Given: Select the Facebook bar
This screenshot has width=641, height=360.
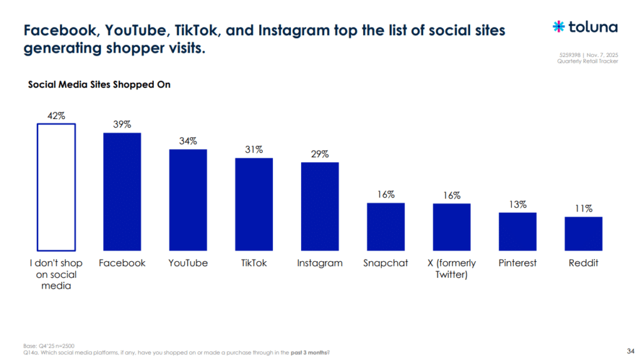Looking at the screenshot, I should pos(122,192).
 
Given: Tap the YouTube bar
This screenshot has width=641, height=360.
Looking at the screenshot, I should pos(188,200).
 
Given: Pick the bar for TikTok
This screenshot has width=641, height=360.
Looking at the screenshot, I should pos(254,204).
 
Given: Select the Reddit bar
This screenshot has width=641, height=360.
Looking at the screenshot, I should pos(583,234).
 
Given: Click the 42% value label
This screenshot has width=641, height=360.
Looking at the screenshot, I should pos(56,116).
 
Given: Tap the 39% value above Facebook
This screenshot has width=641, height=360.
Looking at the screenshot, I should pos(122,125).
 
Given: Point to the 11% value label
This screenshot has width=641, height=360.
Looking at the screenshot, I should pos(583,209).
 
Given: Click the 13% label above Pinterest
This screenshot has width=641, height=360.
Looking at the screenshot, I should pos(518,205).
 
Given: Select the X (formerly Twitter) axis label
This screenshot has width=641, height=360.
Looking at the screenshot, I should pos(451,269).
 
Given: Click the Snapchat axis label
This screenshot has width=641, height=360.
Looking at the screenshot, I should pos(386,263).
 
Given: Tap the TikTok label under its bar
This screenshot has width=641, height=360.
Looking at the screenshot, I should pos(254,263).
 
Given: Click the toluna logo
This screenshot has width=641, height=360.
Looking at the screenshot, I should pos(585,27).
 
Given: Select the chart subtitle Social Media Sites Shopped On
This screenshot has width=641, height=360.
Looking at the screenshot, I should pos(99,85).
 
